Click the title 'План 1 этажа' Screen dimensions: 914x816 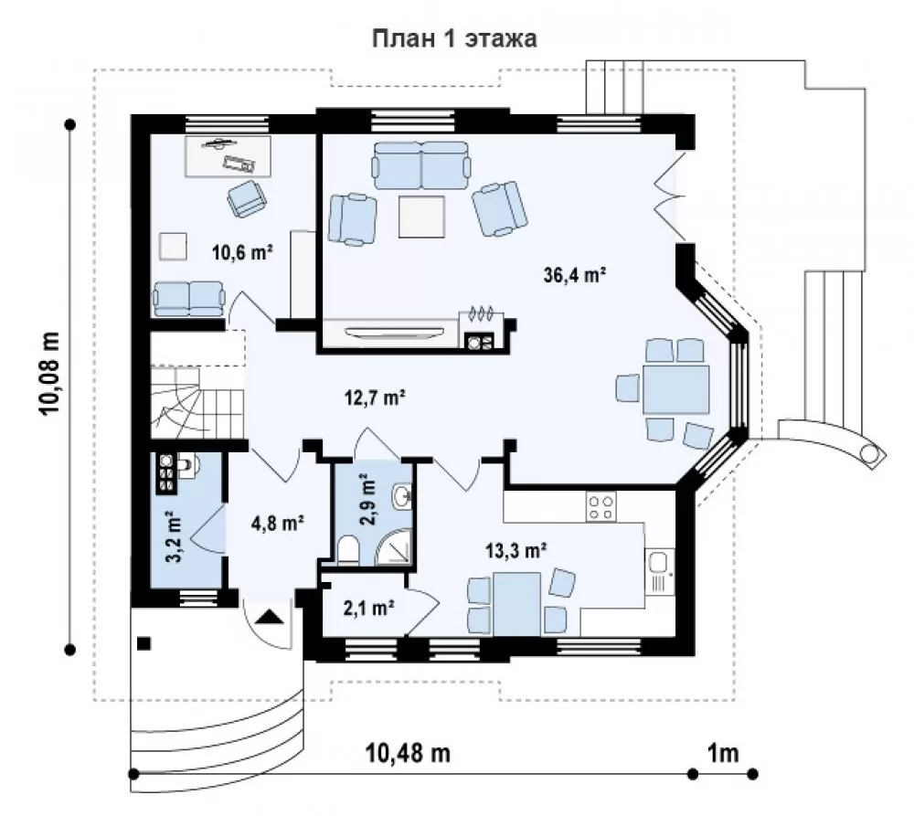point(454,38)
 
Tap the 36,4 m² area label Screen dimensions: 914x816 point(575,274)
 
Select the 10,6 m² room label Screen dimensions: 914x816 point(242,252)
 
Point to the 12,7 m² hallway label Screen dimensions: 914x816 point(374,397)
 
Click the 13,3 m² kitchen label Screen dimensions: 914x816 point(515,549)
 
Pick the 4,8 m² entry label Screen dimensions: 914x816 point(278,523)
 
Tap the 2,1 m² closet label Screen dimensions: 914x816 point(368,608)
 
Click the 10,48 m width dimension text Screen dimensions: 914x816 point(408,753)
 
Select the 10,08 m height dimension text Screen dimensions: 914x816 point(50,373)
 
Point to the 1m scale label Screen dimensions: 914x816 point(723,753)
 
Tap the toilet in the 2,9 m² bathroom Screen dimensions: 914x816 point(348,550)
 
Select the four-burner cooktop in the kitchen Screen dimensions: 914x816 point(601,507)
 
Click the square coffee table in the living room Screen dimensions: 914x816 point(422,217)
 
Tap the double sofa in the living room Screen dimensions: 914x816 point(421,165)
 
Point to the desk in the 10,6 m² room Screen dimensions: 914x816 point(228,156)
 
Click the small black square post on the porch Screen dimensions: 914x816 point(144,643)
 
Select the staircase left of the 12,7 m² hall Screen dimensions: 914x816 point(197,402)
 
